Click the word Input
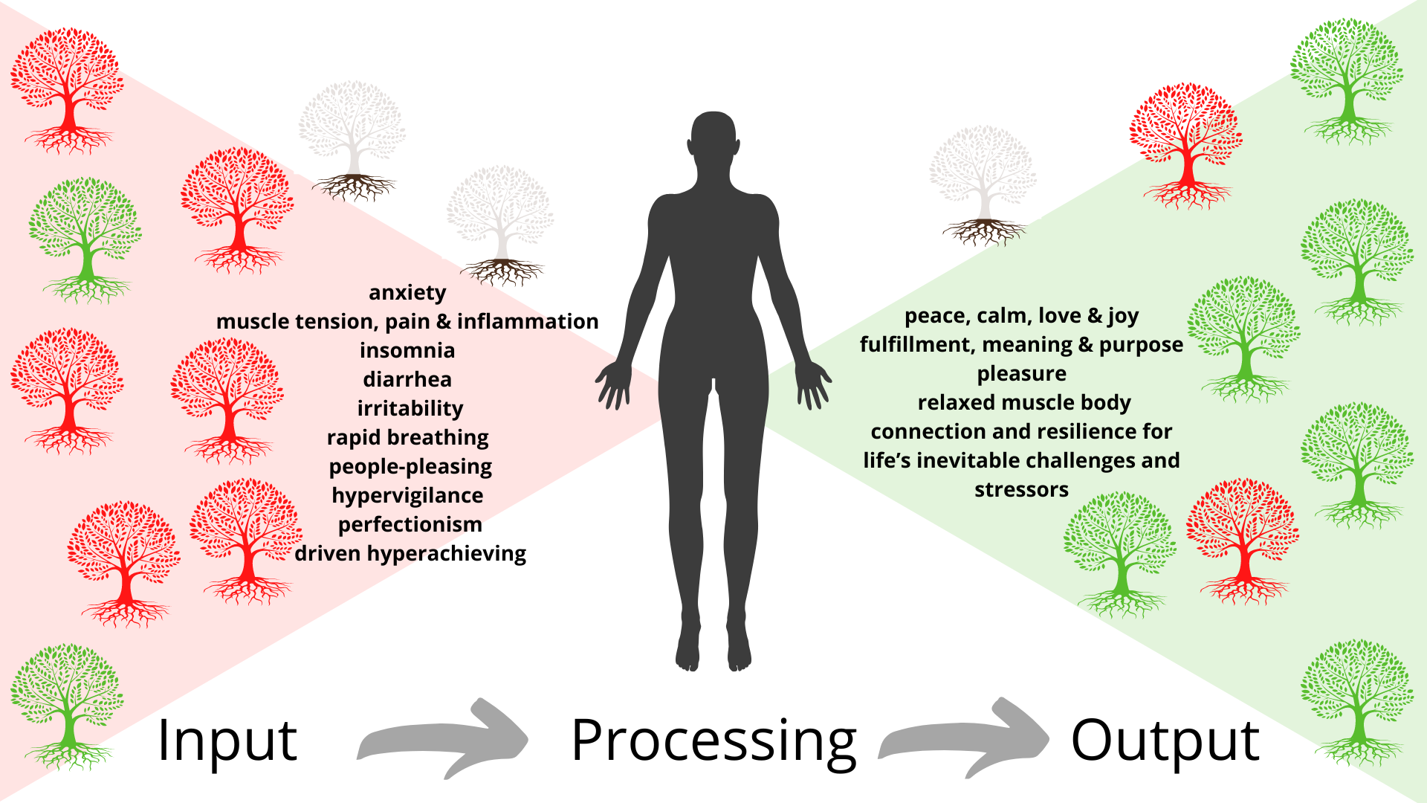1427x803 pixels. coord(227,741)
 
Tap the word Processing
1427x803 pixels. coord(713,742)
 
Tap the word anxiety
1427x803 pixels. coord(407,293)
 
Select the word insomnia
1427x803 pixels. coord(407,350)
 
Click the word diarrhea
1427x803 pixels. coord(407,379)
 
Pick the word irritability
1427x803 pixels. coord(410,409)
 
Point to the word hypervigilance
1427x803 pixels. coord(407,496)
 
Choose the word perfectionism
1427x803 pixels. coord(410,525)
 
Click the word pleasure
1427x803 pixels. coord(1022,374)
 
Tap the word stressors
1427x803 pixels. coord(1022,490)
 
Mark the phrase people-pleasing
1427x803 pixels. coord(410,467)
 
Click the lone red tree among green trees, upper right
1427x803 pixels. coord(1186,145)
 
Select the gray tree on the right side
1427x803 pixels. coord(983,186)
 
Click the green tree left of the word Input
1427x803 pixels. coord(68,706)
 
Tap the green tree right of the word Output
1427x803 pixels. coord(1357,703)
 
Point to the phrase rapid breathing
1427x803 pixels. coord(408,438)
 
